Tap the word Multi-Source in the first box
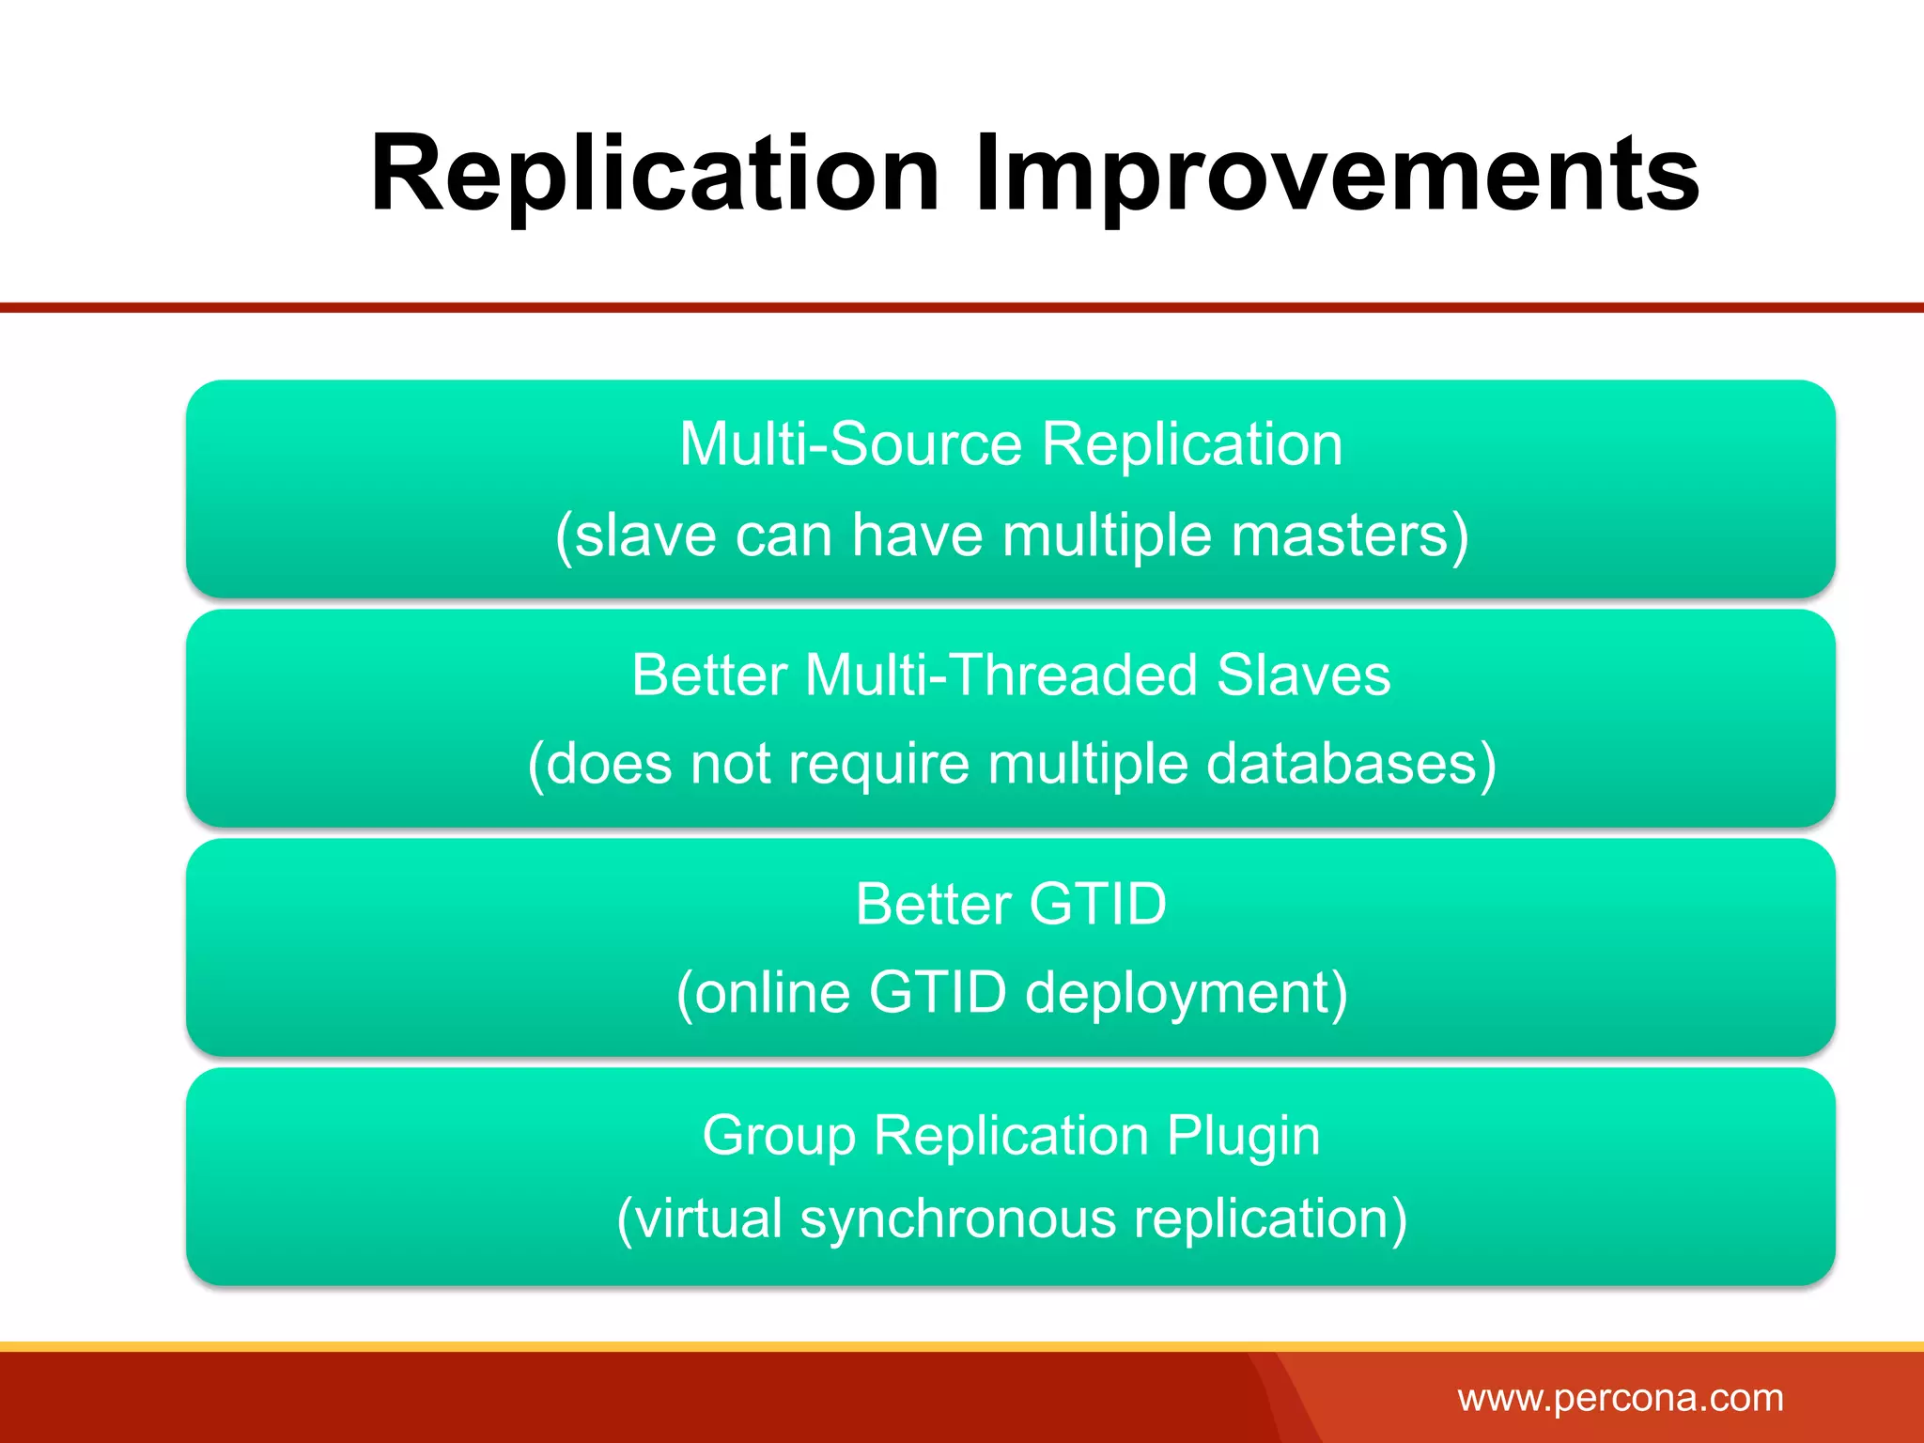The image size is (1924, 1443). (850, 443)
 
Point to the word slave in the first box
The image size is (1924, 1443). (635, 535)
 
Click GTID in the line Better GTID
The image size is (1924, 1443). (1097, 904)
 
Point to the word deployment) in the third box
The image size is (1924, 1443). (1187, 992)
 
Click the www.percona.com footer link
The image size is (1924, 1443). (1620, 1398)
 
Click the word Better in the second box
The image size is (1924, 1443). (709, 675)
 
